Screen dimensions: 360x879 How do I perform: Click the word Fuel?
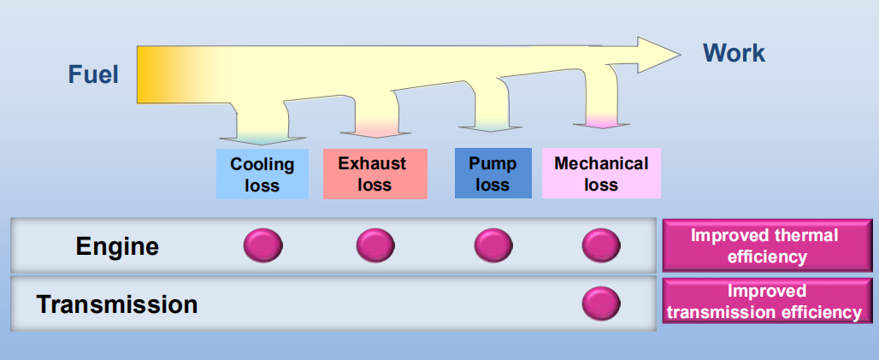coord(93,75)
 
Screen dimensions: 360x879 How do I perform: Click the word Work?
coord(734,53)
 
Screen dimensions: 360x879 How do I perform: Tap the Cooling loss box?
coord(262,174)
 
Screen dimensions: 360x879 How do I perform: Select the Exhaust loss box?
coord(375,174)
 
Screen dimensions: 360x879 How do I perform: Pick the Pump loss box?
coord(493,174)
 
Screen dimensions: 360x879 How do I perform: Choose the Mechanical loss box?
coord(601,174)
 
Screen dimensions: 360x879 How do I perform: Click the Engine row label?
coord(117,247)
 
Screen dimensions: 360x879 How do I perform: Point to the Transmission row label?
coord(117,304)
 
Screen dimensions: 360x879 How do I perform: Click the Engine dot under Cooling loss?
coord(263,246)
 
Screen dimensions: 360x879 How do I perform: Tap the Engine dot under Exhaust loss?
coord(375,246)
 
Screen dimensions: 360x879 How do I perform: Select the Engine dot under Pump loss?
coord(493,246)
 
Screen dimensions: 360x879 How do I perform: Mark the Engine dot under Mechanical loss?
coord(601,246)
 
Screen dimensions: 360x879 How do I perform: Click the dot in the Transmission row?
coord(601,304)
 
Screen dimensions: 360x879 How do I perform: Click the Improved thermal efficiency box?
coord(764,246)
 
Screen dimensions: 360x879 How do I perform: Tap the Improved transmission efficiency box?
coord(764,302)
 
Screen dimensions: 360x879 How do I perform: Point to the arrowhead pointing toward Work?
coord(658,54)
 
